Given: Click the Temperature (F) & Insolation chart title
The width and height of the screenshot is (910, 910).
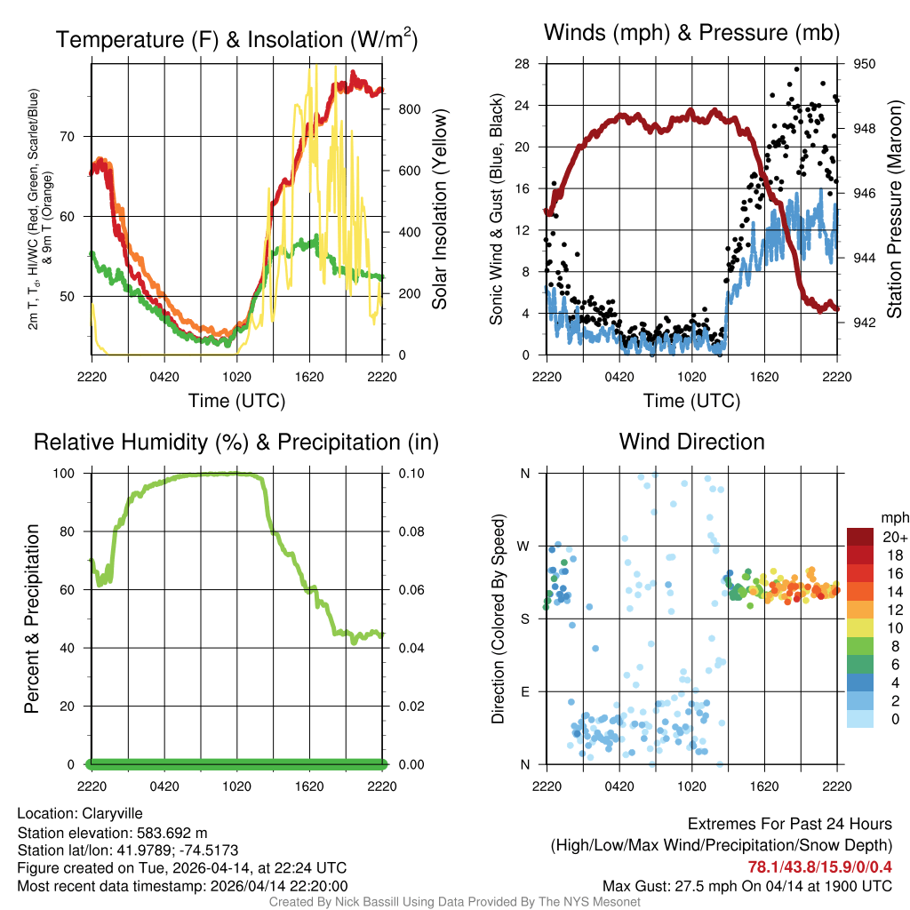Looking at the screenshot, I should [x=236, y=40].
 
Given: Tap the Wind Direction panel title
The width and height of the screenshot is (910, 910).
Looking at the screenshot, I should [x=691, y=442].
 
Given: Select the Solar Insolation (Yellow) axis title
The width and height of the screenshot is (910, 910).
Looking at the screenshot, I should [x=439, y=210].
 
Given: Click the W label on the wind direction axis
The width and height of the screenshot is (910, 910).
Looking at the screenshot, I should [x=524, y=546].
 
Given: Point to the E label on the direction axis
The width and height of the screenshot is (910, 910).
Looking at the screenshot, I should [x=525, y=691].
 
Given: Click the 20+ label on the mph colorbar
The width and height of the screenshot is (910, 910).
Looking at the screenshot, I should [x=895, y=538].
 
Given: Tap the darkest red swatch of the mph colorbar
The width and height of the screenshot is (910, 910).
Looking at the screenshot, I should [x=860, y=537].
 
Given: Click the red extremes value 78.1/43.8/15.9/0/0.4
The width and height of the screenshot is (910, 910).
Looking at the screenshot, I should [x=819, y=866].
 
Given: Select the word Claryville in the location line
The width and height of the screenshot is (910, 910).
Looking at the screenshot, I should [x=113, y=813].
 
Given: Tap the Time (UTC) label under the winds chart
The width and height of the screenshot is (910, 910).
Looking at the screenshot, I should [x=691, y=401].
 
